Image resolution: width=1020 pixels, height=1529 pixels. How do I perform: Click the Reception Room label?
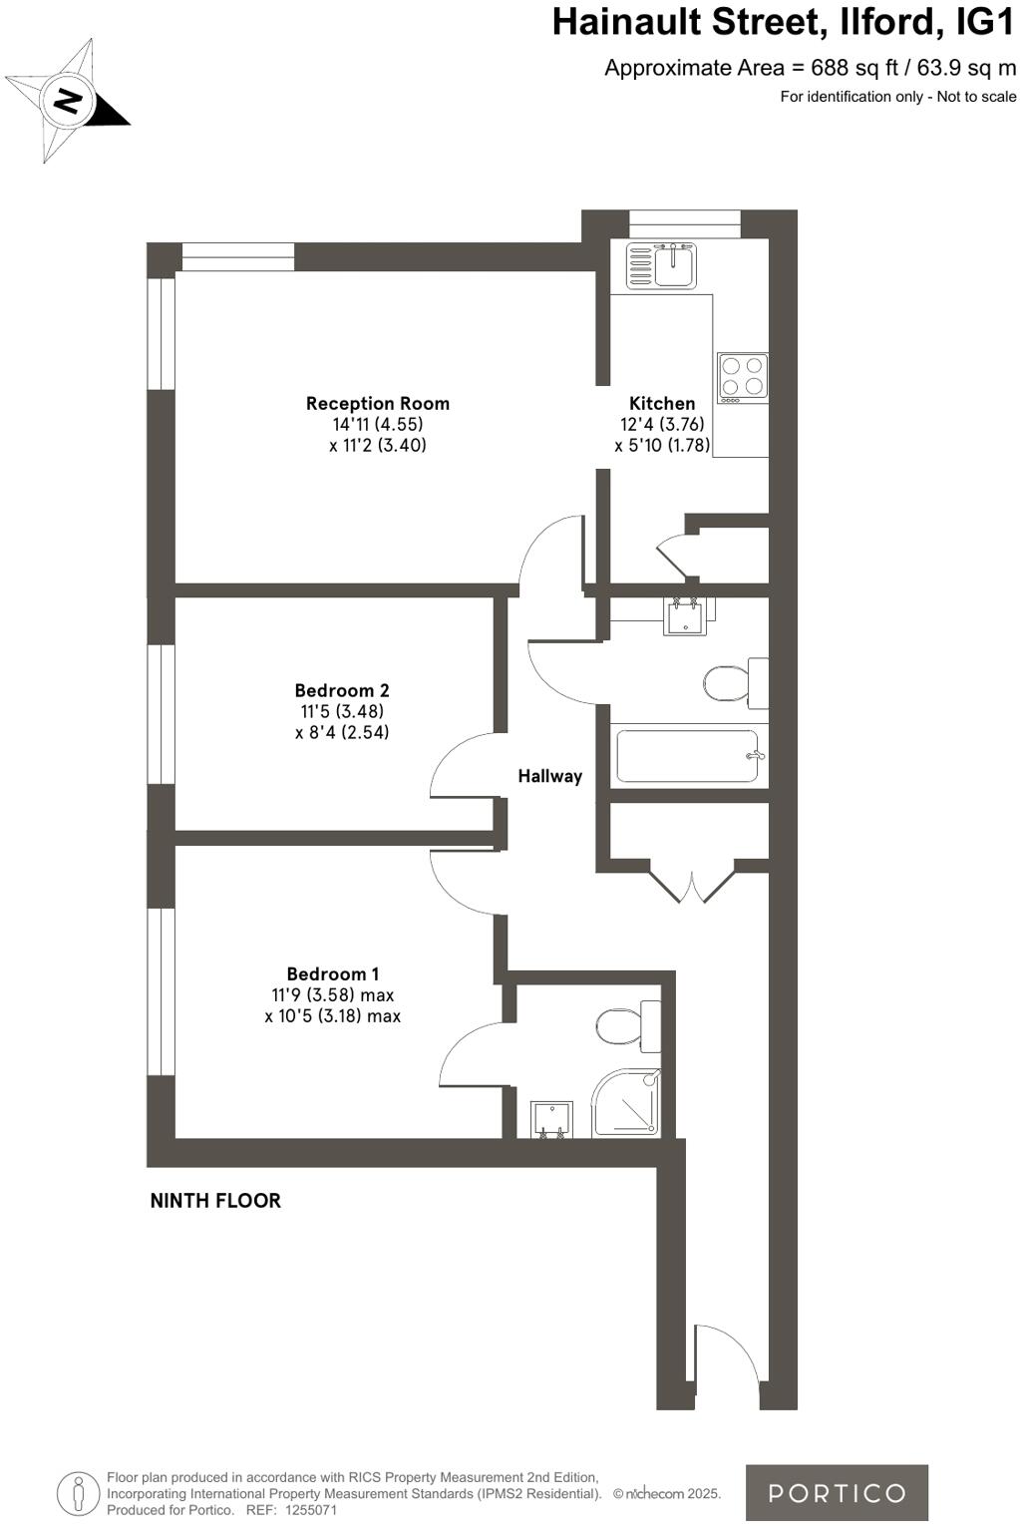coord(377,404)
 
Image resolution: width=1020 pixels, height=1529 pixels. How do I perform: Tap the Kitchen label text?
coord(662,404)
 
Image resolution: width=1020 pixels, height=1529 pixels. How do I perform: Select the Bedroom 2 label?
coord(342,690)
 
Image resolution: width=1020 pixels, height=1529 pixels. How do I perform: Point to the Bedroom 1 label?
coord(333,974)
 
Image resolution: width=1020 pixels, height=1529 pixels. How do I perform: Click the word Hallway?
coord(549,776)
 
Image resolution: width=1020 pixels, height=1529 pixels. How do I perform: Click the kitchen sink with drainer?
coord(661,265)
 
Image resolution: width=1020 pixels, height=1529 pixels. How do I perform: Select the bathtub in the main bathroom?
coord(688,757)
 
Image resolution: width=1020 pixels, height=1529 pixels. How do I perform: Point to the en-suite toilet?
coord(628,1025)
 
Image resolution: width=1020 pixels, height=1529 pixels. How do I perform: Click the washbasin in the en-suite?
coord(550,1119)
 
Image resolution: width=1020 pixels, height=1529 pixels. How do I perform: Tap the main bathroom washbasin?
coord(685,615)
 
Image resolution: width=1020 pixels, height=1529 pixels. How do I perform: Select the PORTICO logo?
coord(837,1492)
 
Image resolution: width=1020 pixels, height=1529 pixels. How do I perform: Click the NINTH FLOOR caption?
coord(215,1201)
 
